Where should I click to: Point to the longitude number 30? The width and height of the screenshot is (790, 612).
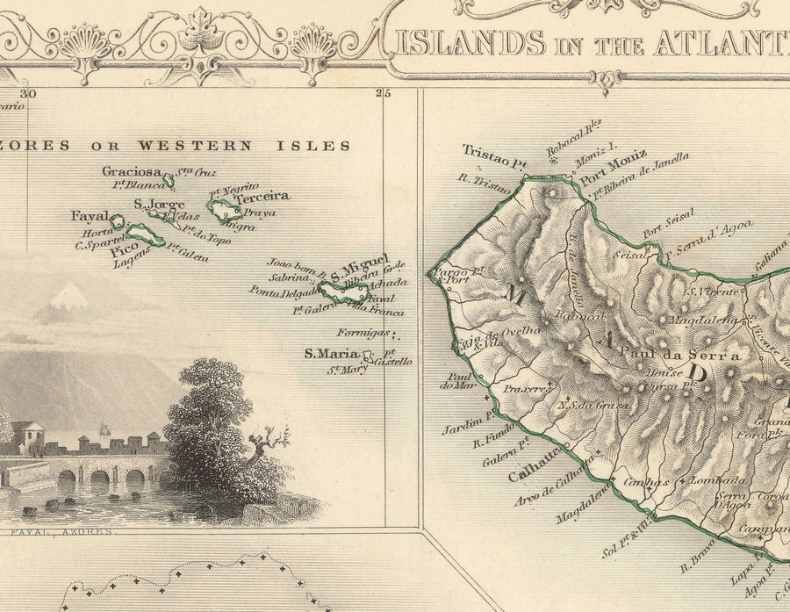pyautogui.click(x=29, y=94)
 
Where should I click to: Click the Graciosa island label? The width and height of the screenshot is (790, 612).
pyautogui.click(x=132, y=171)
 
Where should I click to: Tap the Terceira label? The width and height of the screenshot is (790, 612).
pyautogui.click(x=262, y=197)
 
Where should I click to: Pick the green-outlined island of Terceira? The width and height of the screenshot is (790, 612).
pyautogui.click(x=223, y=209)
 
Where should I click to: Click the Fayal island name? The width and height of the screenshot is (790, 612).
pyautogui.click(x=90, y=216)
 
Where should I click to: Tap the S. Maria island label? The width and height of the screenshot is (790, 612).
pyautogui.click(x=331, y=354)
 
